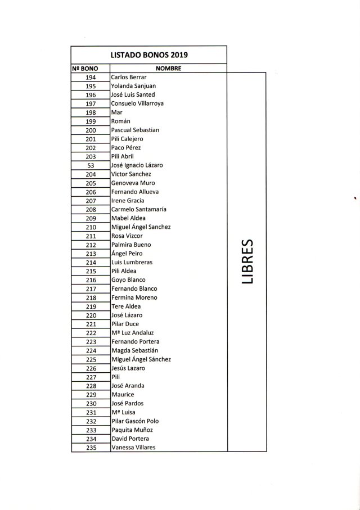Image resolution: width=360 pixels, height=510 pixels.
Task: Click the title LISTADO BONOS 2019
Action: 149,55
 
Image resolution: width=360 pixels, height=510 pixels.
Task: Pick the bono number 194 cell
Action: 91,77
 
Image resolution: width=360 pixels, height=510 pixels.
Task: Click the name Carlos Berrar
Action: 129,77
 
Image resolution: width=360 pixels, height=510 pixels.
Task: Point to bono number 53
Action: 91,165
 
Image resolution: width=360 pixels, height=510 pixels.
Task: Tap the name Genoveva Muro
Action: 133,183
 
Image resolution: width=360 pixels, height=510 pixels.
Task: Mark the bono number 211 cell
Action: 91,236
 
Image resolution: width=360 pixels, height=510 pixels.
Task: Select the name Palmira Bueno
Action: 132,245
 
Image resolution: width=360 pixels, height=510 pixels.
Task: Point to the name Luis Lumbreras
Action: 132,262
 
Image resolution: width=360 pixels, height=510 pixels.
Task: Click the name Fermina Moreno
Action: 134,297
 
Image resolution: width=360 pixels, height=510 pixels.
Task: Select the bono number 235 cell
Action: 91,448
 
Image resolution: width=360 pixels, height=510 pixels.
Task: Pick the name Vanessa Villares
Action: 134,448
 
